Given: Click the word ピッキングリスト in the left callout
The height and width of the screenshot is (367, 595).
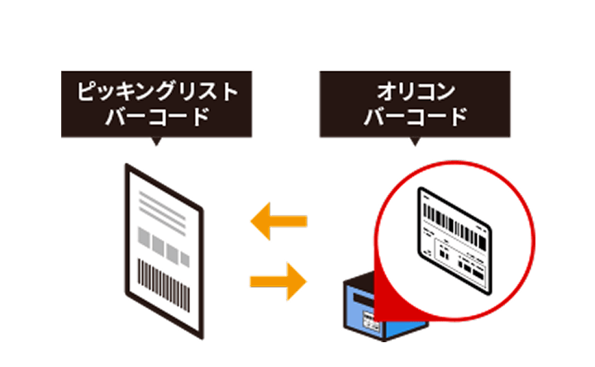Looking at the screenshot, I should [156, 91].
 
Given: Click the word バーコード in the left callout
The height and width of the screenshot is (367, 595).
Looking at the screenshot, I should [156, 117].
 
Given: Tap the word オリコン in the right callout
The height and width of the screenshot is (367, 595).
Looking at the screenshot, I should [414, 91].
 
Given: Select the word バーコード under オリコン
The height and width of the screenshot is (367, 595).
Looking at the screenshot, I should [414, 117].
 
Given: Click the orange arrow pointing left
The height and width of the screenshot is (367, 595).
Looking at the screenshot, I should [278, 221].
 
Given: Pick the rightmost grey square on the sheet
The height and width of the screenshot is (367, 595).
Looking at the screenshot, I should [186, 255].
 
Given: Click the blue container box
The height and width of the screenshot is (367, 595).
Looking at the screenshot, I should [388, 318].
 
